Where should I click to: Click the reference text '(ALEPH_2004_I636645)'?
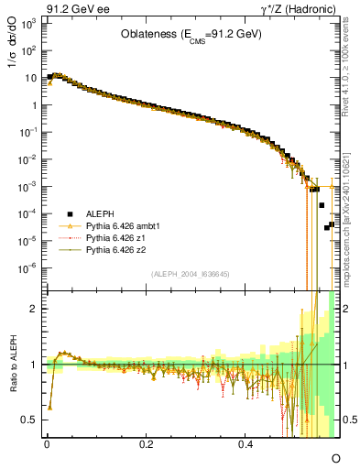point(190,274)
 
